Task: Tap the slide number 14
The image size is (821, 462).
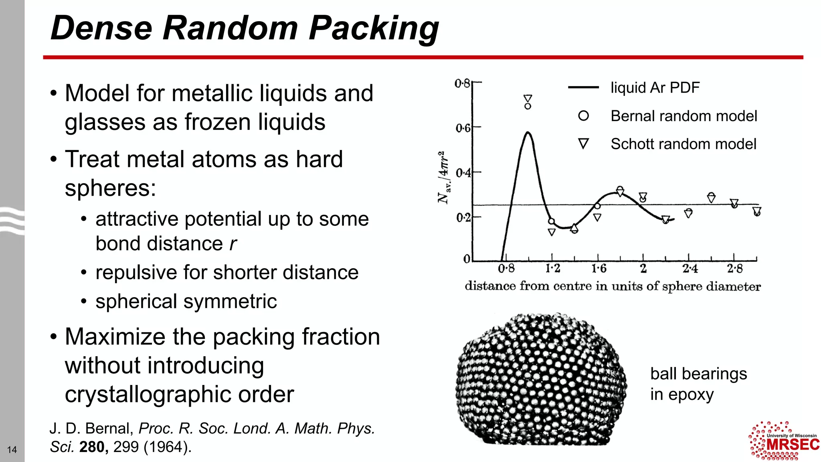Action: (12, 450)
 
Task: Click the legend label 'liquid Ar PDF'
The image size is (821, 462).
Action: (655, 87)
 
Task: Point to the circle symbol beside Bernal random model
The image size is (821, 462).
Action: (583, 116)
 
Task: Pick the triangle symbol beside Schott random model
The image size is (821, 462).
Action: (583, 144)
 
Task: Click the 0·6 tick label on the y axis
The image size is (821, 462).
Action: (463, 128)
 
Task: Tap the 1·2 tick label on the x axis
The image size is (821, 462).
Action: (552, 269)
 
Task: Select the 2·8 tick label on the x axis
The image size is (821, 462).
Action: (734, 269)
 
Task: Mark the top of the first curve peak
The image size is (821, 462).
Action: (528, 132)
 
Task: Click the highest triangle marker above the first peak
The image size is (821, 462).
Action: (528, 98)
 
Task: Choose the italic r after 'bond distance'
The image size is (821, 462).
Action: (233, 244)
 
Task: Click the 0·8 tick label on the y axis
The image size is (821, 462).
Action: (462, 83)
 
